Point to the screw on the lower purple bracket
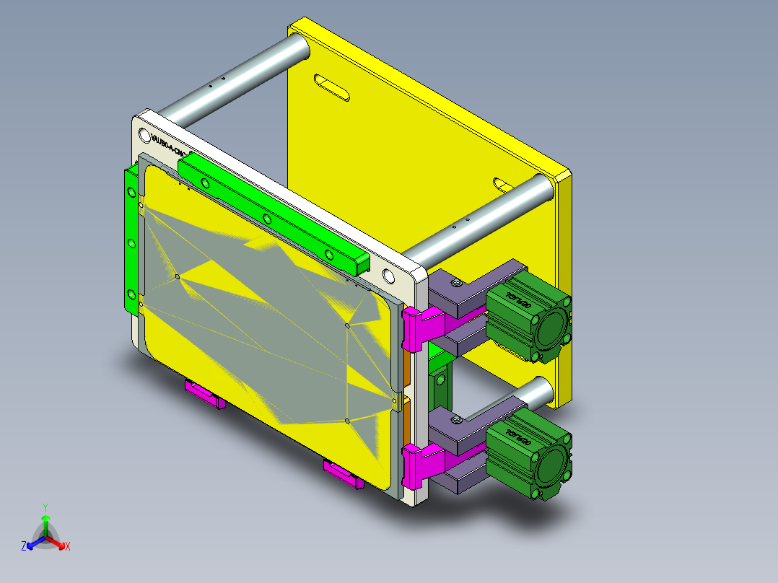(458, 418)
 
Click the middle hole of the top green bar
(267, 218)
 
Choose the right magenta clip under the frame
(344, 474)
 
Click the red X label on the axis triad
(68, 547)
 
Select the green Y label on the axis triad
(45, 507)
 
